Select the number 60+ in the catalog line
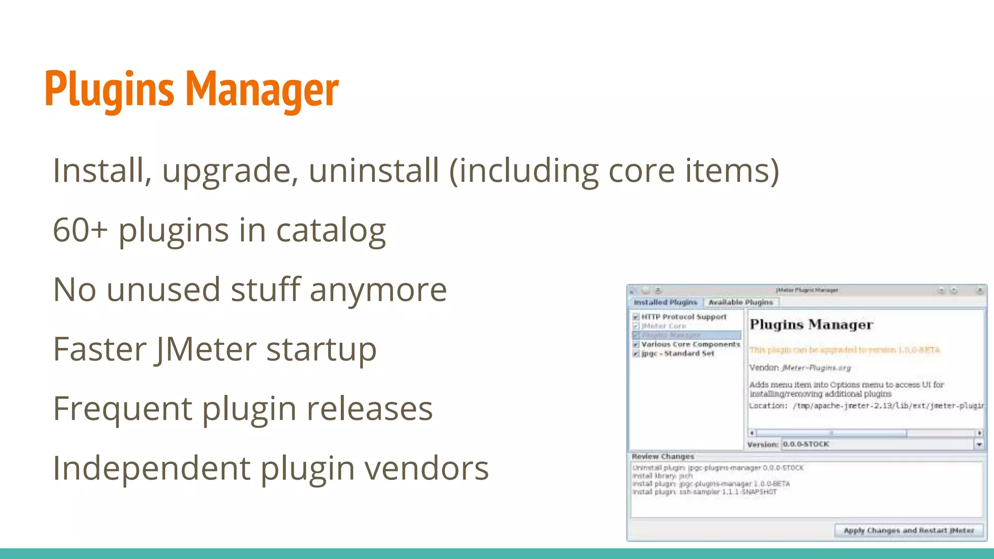coord(80,230)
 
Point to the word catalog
coord(331,230)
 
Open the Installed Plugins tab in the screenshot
coord(665,302)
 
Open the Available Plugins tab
coord(741,302)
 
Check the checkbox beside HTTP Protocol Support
coord(636,317)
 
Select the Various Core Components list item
coord(690,345)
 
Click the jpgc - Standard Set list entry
coord(678,354)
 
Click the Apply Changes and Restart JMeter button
coord(909,530)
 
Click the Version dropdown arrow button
coord(979,444)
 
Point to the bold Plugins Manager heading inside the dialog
coord(811,324)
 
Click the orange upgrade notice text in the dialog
coord(845,350)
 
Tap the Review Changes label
coord(663,457)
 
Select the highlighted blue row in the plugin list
coord(687,335)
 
